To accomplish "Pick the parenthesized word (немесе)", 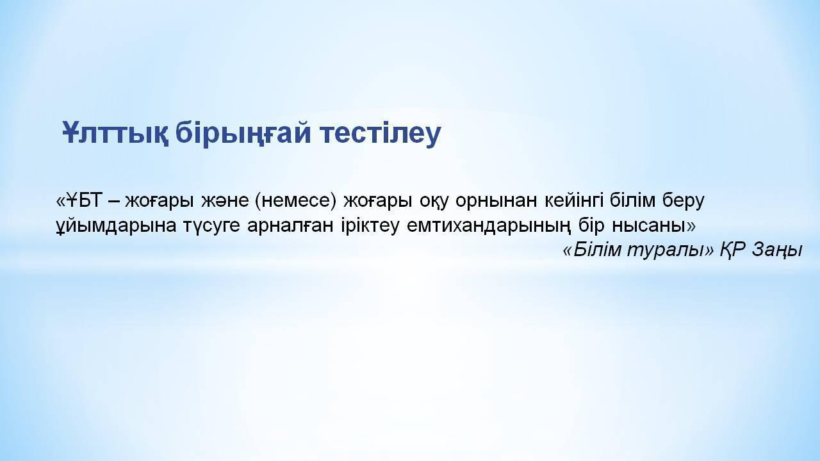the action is (295, 201).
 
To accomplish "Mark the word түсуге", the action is (212, 227).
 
